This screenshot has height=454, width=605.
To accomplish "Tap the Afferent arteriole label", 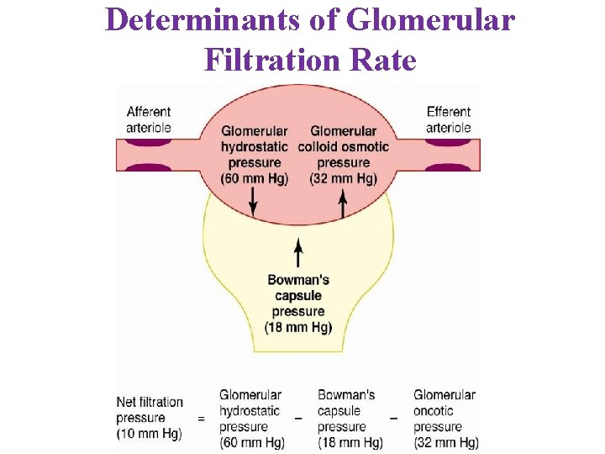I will [x=149, y=119].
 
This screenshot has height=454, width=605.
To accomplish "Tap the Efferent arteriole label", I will [x=449, y=119].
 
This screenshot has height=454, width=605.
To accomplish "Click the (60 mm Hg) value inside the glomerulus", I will [x=253, y=178].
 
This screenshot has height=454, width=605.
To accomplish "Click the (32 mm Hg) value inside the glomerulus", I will [x=344, y=178].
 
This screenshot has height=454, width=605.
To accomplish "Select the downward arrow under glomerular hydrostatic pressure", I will [x=253, y=201].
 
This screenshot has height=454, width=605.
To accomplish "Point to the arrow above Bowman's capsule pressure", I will [x=298, y=253].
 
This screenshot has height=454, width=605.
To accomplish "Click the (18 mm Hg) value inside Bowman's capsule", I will [x=298, y=327].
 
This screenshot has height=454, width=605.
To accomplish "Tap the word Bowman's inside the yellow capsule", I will [x=298, y=280].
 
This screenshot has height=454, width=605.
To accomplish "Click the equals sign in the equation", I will [x=201, y=418].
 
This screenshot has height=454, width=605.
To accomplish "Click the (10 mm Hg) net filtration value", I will [x=149, y=434].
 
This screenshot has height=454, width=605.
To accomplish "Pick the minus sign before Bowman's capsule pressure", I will [x=298, y=418].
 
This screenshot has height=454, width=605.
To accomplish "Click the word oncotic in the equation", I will [x=434, y=410].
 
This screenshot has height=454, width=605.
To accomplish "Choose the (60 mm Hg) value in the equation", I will [x=251, y=442].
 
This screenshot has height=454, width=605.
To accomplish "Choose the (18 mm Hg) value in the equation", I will [x=350, y=442].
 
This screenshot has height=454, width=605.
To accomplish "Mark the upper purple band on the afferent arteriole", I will [x=149, y=141].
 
